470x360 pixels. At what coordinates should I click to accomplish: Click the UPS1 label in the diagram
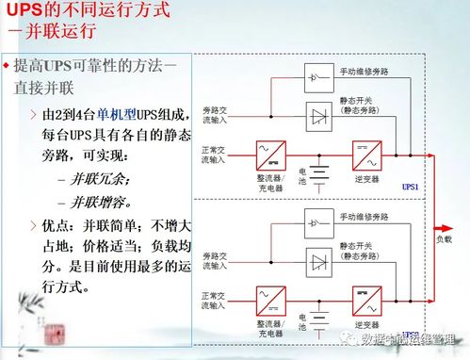coord(410,187)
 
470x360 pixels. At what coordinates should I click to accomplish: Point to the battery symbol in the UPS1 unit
coord(319,176)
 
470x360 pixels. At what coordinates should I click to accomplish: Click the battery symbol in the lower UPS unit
coord(319,326)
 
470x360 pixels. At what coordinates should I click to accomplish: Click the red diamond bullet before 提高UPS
coord(6,66)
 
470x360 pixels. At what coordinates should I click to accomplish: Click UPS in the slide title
coord(25,12)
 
